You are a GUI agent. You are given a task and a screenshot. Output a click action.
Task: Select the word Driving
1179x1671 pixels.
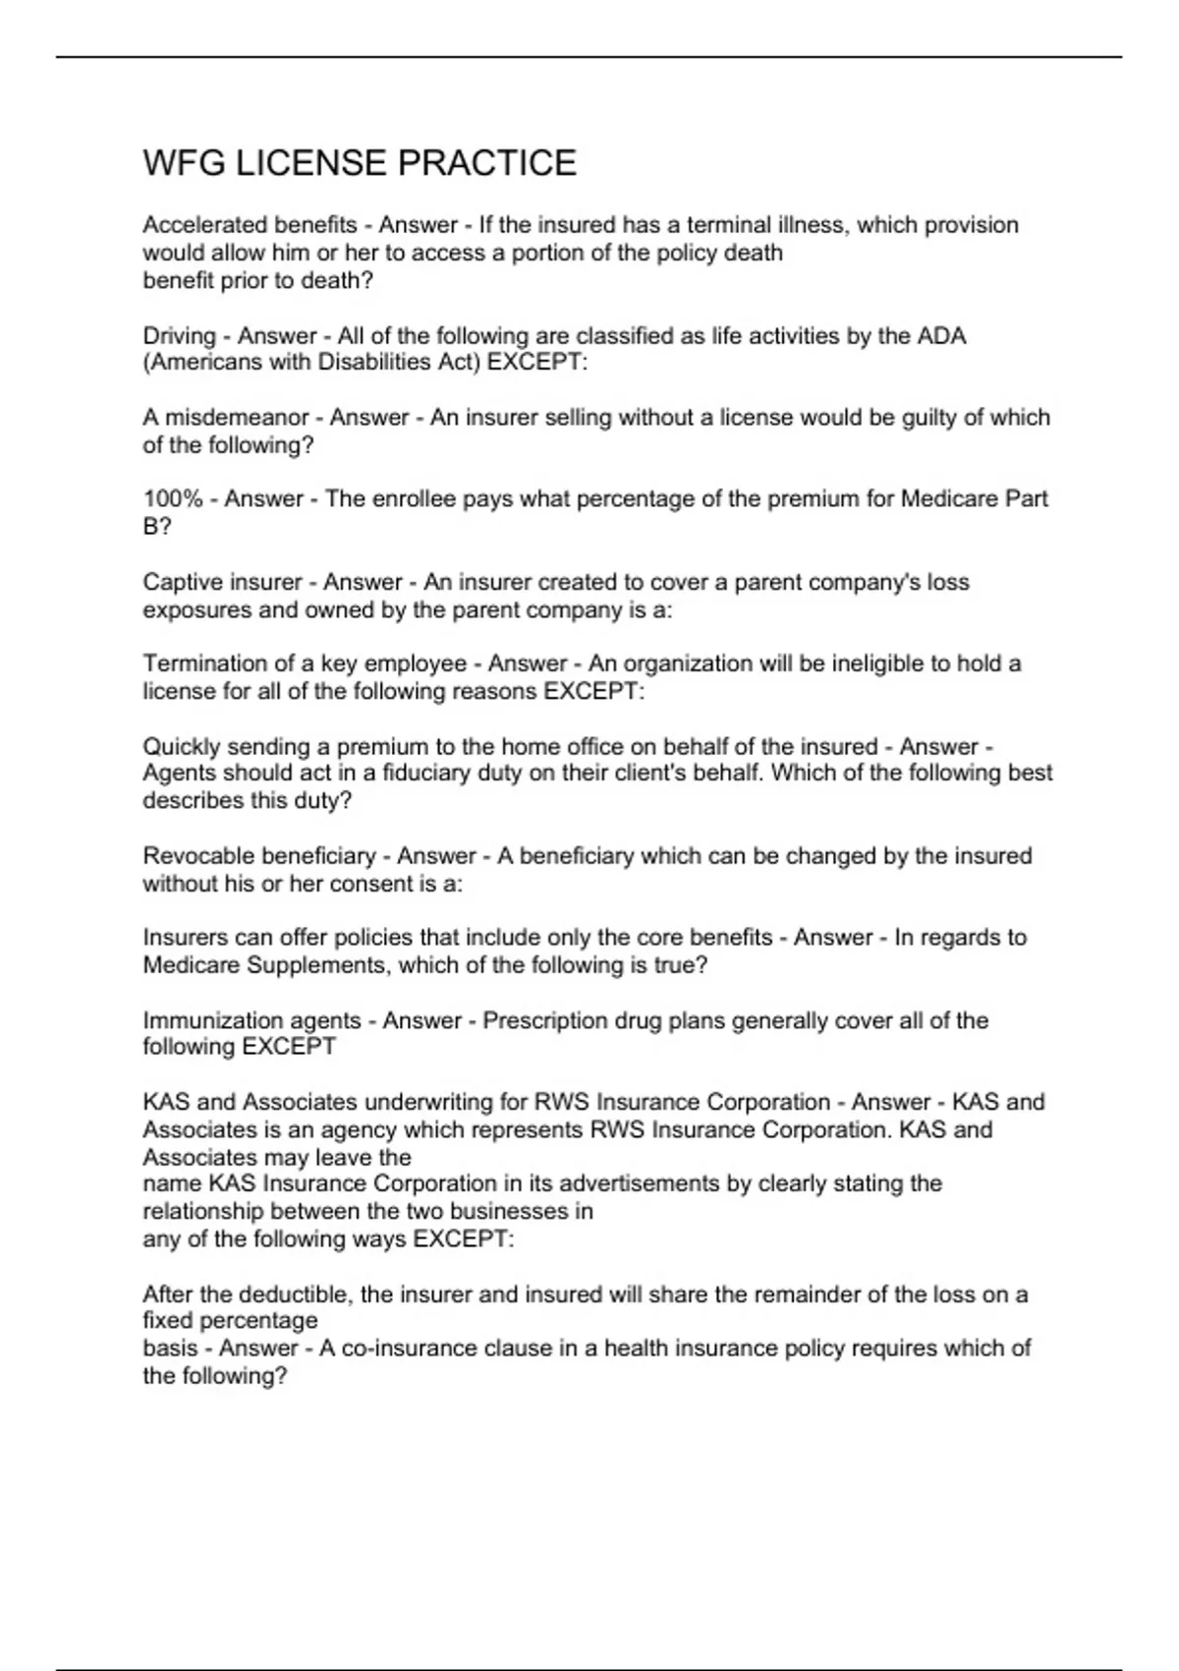(x=179, y=336)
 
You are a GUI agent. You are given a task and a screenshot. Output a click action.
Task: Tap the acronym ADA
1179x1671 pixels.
(x=941, y=336)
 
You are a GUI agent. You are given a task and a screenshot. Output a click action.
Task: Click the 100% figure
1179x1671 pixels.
(x=172, y=499)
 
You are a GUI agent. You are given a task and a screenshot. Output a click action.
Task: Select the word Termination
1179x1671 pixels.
(x=205, y=663)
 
